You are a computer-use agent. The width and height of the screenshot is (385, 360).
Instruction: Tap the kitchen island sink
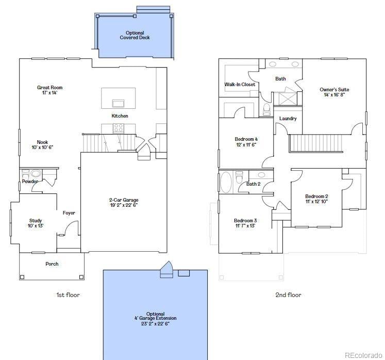pos(119,102)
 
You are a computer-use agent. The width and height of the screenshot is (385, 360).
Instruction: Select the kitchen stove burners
pos(119,127)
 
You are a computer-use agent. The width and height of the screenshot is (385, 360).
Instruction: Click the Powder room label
pos(30,182)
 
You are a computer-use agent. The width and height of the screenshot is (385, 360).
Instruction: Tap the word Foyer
pos(69,213)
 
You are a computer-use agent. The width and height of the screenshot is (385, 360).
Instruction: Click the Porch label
pos(52,264)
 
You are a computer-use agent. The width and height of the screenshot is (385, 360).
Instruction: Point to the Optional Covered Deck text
pos(135,35)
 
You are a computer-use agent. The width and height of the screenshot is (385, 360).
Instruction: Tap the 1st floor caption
pos(68,295)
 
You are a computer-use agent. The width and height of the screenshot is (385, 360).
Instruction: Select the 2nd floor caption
pos(288,295)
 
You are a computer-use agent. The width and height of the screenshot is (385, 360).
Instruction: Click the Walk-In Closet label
pos(240,85)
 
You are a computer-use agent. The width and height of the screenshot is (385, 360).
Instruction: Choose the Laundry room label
pos(288,119)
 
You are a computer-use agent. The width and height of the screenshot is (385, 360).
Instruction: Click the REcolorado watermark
pos(363,354)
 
